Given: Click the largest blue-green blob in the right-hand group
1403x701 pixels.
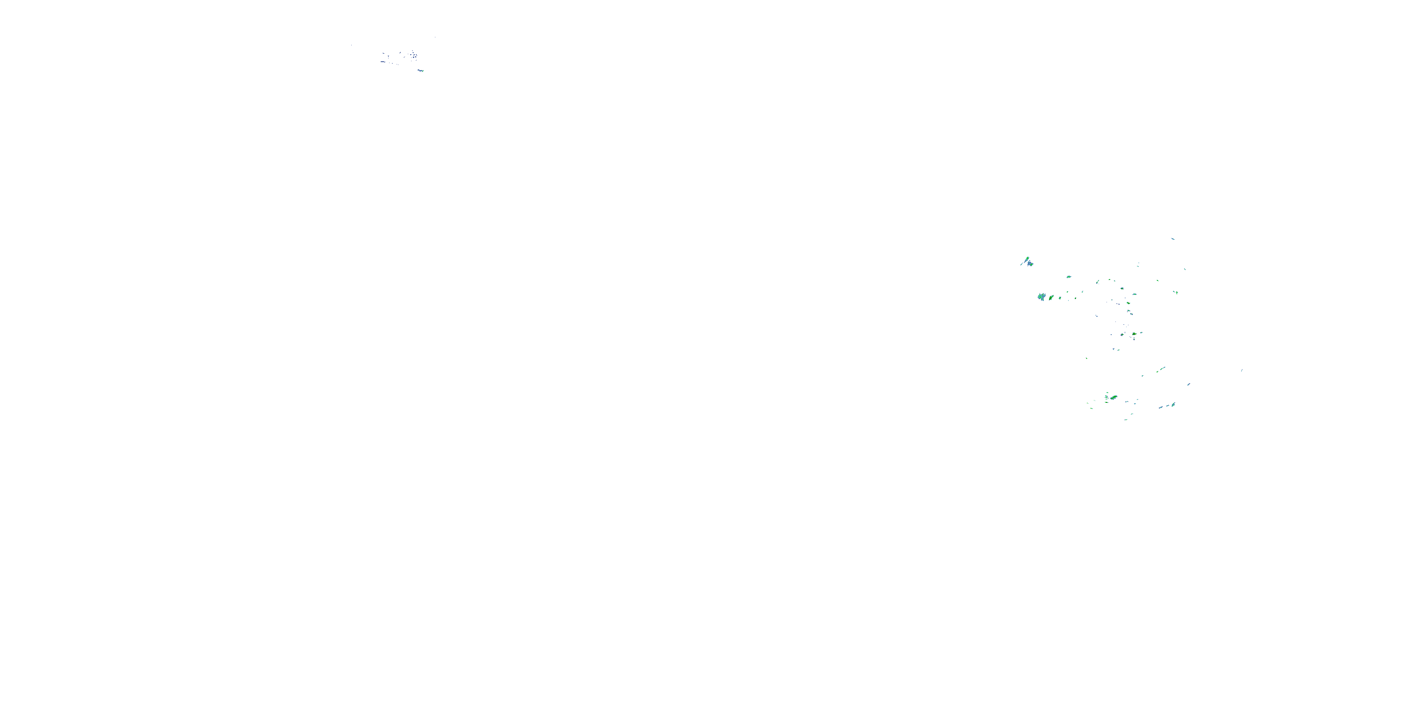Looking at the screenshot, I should coord(1041,297).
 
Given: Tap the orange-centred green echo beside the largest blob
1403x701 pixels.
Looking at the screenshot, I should coord(1051,298).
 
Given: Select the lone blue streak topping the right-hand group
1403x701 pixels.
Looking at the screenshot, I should coord(1172,238).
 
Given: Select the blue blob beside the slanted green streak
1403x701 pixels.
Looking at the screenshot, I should coord(1030,264).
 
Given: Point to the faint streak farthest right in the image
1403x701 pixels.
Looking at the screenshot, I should coord(1242,371).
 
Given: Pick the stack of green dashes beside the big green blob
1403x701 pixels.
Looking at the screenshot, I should coord(1106,397).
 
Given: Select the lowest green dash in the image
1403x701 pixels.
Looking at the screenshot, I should coord(1126,420).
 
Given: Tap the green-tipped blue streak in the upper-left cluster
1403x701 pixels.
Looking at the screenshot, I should coord(420,70).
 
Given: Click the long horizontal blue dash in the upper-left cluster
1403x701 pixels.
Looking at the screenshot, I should coord(383,62).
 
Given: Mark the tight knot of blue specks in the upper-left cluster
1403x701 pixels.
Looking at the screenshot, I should coord(414,55).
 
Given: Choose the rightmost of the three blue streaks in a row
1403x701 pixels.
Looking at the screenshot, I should coord(1172,404).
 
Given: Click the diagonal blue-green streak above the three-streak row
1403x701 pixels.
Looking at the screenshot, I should coord(1162,369).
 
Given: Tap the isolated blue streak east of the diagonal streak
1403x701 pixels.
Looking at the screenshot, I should coord(1188,384).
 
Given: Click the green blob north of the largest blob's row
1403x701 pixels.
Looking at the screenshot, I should coord(1069,277).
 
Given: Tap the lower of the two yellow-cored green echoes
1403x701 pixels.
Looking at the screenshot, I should coord(1134,334).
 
